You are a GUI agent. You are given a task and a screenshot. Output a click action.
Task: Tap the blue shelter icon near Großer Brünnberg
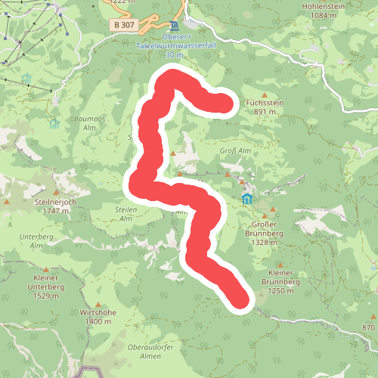[247, 200]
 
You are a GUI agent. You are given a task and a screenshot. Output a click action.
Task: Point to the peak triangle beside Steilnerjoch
[8, 203]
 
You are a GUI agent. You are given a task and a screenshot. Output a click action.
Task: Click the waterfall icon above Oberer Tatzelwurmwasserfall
[174, 25]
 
